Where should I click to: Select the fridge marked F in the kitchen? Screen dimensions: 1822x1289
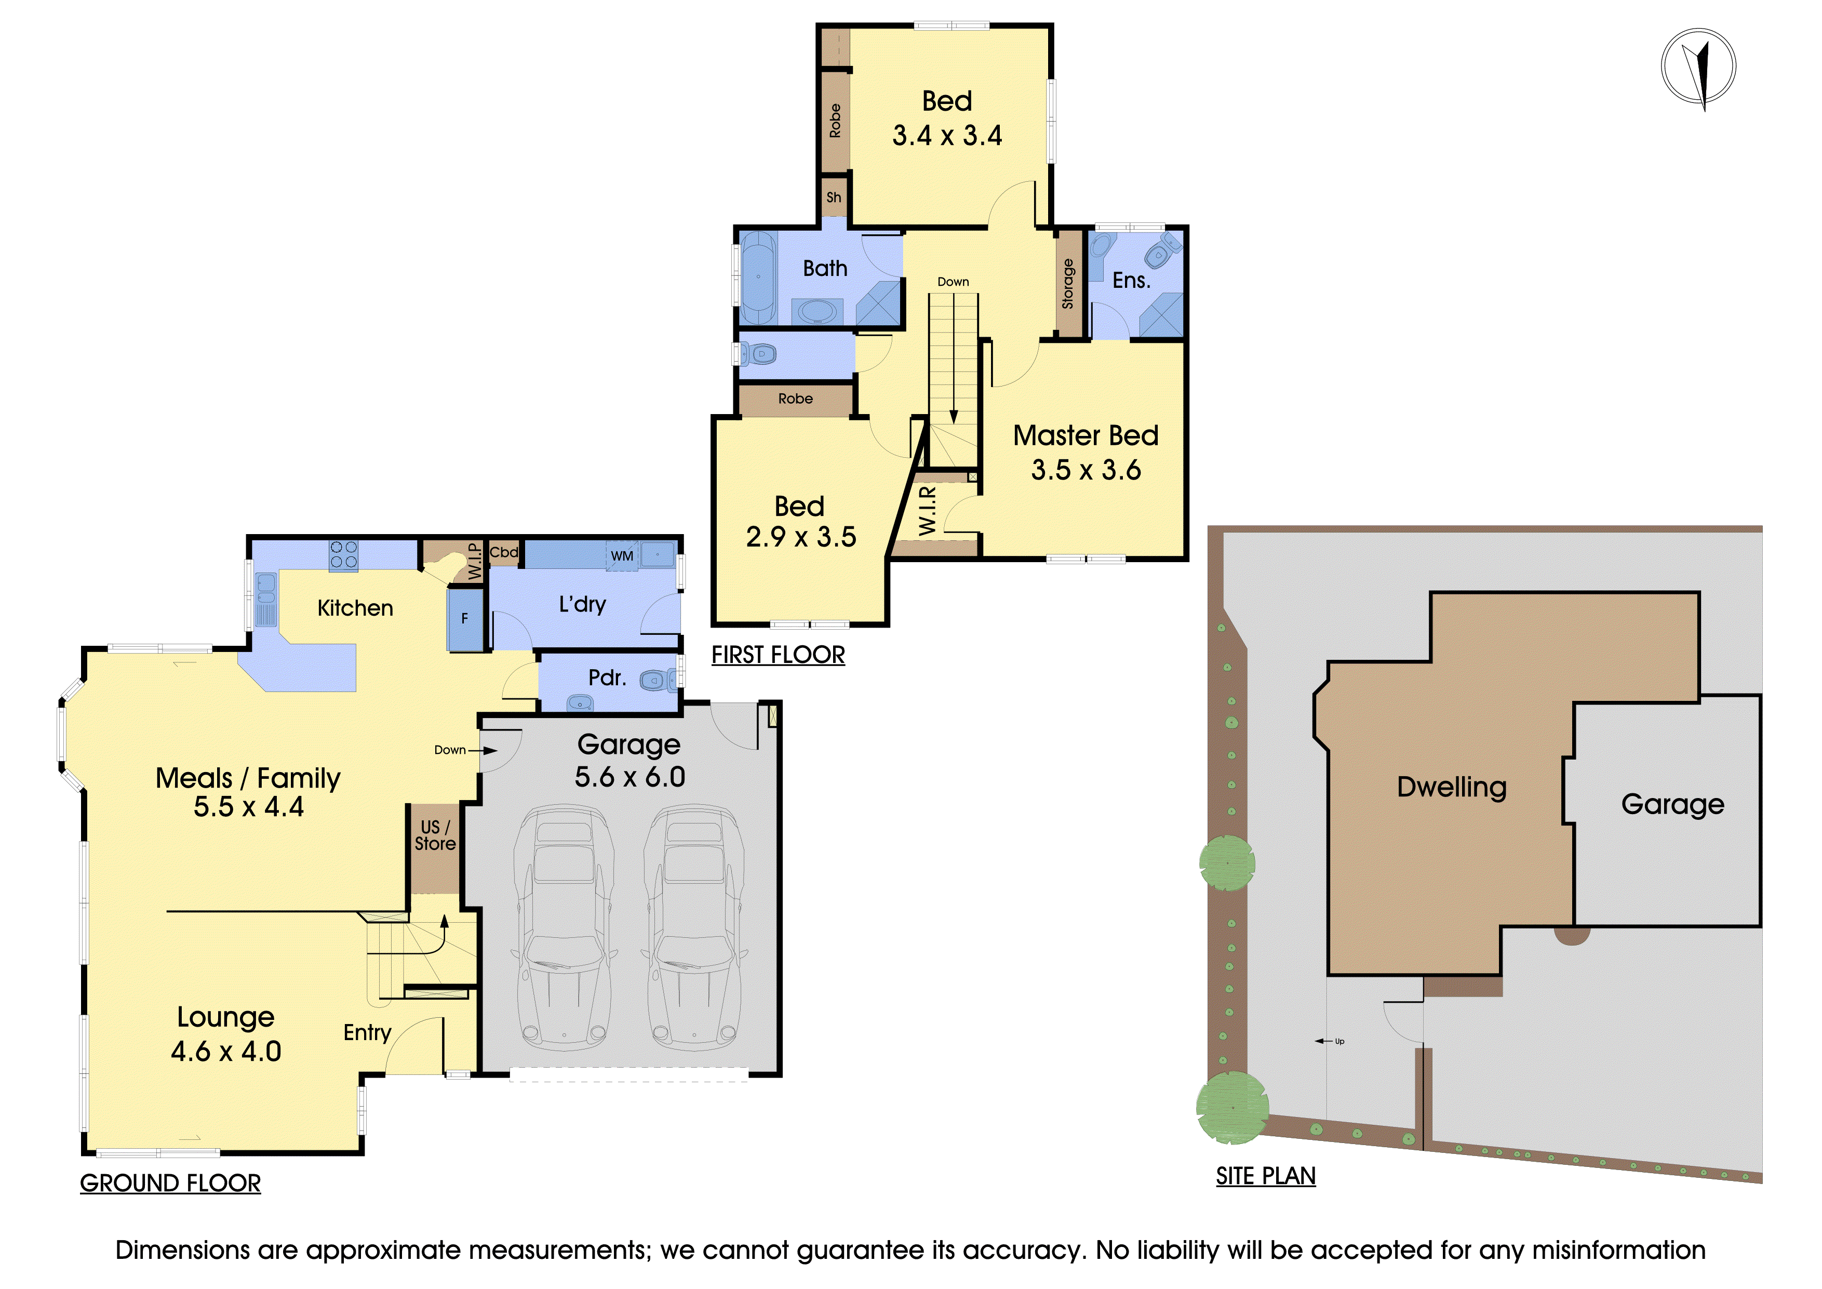tap(465, 618)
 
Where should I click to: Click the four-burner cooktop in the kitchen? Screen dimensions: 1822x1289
tap(344, 555)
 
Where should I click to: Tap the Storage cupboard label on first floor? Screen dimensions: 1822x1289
tap(1068, 283)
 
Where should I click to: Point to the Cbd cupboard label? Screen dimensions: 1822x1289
tap(504, 552)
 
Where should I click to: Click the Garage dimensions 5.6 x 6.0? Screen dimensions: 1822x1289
tap(630, 777)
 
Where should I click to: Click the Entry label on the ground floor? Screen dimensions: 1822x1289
tap(367, 1033)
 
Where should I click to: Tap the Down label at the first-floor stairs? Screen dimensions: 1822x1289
tap(953, 282)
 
